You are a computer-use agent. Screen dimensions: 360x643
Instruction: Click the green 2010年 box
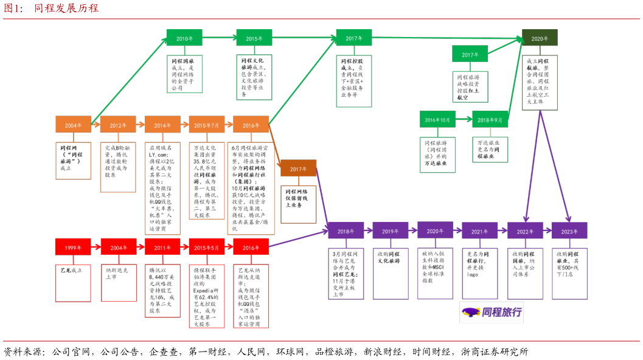[184, 38]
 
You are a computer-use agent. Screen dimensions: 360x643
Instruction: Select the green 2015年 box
[254, 38]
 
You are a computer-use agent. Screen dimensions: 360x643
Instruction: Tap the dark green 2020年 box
[540, 38]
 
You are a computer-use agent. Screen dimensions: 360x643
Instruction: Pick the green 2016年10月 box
[437, 119]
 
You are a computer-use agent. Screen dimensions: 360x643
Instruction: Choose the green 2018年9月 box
[490, 119]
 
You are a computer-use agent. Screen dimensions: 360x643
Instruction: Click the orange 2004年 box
[73, 125]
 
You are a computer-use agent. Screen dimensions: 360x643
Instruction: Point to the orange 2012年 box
[118, 125]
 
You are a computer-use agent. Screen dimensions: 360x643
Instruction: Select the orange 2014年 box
[162, 125]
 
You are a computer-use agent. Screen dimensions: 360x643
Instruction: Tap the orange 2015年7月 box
[207, 125]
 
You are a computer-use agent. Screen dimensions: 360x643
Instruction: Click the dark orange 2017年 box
[298, 168]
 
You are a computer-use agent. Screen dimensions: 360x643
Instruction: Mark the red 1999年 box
[73, 247]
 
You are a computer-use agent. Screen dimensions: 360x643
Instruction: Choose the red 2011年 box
[162, 247]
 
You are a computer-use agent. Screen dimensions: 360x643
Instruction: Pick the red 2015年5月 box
[207, 247]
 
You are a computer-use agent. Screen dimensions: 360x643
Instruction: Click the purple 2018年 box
[346, 230]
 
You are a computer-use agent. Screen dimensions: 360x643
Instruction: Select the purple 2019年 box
[391, 230]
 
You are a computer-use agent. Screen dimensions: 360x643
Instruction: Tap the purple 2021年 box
[479, 231]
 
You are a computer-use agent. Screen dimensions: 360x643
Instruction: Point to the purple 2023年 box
[569, 231]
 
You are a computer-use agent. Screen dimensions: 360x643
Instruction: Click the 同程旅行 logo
[492, 313]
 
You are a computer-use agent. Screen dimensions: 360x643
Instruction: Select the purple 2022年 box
[525, 231]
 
